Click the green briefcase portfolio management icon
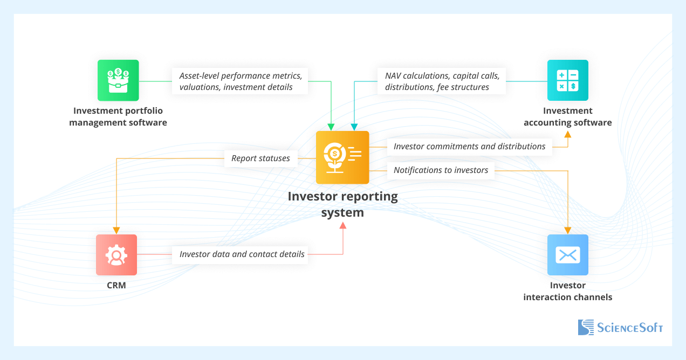[x=118, y=80]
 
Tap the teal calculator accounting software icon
[x=567, y=80]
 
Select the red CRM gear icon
[x=116, y=255]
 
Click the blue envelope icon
[x=567, y=255]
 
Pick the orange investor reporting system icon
[x=342, y=157]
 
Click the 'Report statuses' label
[x=260, y=158]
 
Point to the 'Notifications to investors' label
[x=441, y=170]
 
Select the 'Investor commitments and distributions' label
[x=469, y=147]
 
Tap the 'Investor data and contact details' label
[x=242, y=254]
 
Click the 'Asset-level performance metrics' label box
[x=239, y=81]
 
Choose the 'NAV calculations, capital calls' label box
[x=441, y=81]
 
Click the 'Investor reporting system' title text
[x=342, y=204]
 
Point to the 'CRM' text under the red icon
[x=116, y=286]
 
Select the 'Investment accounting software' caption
[x=567, y=116]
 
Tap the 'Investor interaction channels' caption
[x=567, y=291]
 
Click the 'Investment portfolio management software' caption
[x=118, y=116]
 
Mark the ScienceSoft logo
[x=620, y=327]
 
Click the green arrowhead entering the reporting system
[x=331, y=127]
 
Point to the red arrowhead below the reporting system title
[x=342, y=225]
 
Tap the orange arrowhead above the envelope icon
[x=567, y=230]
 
